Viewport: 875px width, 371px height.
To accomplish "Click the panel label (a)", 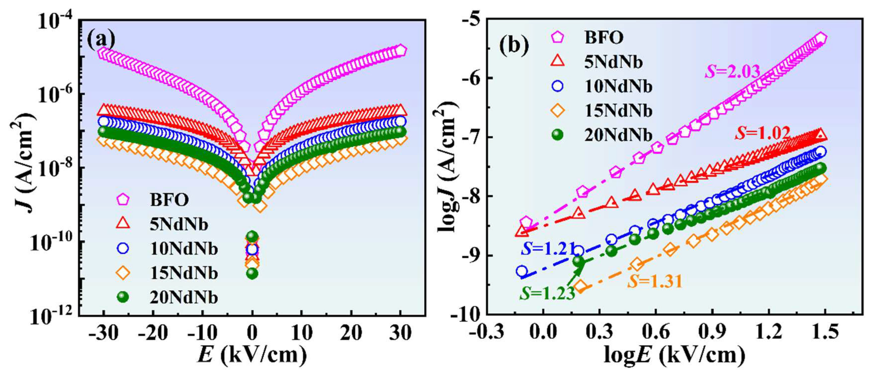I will click(101, 40).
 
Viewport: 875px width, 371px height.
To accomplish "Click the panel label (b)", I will click(514, 45).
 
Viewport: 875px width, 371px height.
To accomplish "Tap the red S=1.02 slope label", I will click(762, 133).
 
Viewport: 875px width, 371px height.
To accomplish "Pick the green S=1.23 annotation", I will click(547, 293).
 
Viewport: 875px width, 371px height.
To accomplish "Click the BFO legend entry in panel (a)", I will click(169, 200).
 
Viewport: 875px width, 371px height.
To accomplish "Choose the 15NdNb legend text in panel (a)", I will click(183, 273).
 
